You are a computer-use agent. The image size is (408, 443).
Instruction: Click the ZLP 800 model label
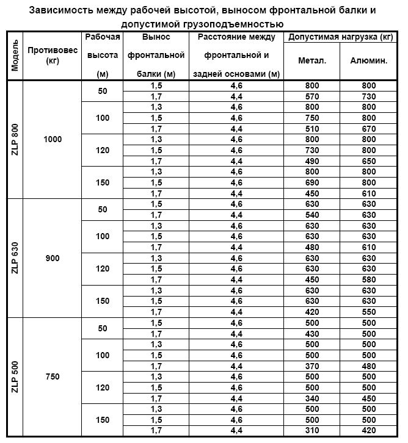pyautogui.click(x=15, y=139)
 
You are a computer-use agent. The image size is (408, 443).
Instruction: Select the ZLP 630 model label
pyautogui.click(x=15, y=258)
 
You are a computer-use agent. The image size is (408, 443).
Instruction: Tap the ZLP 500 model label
pyautogui.click(x=15, y=376)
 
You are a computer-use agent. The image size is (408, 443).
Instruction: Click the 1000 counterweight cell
pyautogui.click(x=53, y=139)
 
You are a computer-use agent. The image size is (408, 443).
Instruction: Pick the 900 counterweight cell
pyautogui.click(x=53, y=258)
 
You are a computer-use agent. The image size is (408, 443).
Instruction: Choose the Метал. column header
pyautogui.click(x=311, y=61)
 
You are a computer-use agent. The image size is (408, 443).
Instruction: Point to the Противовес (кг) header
pyautogui.click(x=53, y=56)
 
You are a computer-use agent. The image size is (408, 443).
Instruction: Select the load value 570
pyautogui.click(x=311, y=96)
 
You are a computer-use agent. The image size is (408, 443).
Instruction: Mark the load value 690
pyautogui.click(x=311, y=182)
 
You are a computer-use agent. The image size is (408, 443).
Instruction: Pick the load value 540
pyautogui.click(x=311, y=215)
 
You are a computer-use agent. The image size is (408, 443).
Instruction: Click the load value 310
pyautogui.click(x=311, y=431)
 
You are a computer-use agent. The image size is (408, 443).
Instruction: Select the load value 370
pyautogui.click(x=311, y=366)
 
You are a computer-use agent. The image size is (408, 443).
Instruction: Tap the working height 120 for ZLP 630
pyautogui.click(x=103, y=268)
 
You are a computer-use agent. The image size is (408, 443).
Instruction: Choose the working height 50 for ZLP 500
pyautogui.click(x=103, y=328)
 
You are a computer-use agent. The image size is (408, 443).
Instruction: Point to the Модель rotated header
pyautogui.click(x=15, y=56)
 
